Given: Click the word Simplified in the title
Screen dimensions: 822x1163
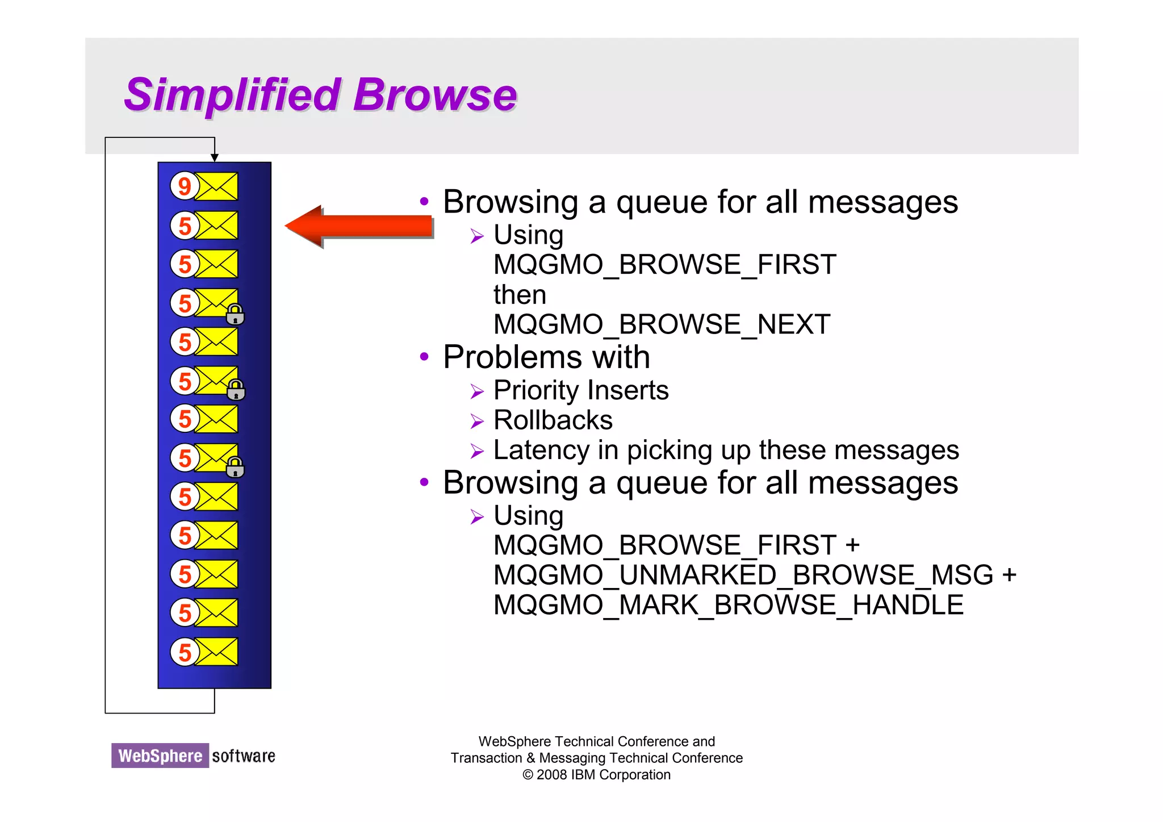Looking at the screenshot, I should (x=232, y=95).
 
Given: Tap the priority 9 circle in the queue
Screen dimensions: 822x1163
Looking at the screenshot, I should (x=184, y=186).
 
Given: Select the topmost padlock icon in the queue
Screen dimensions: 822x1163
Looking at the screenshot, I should (x=235, y=314).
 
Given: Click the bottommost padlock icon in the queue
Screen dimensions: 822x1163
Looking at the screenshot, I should (x=235, y=467).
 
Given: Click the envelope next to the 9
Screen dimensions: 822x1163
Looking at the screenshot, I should (x=216, y=186).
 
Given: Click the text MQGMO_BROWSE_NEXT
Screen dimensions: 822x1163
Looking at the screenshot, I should (x=662, y=324).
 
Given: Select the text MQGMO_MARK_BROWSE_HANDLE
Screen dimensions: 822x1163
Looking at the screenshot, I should (x=728, y=604).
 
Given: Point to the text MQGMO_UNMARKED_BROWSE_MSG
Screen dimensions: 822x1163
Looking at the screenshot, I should (x=743, y=575).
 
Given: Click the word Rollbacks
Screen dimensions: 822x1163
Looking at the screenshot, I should (x=553, y=420).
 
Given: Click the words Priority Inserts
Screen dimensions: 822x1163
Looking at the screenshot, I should (x=580, y=390).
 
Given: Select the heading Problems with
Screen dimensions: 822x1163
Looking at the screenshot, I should (x=546, y=357).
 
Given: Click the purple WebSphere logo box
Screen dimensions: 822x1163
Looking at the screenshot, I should (x=160, y=756).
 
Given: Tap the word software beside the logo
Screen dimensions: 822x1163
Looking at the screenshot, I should (x=243, y=756).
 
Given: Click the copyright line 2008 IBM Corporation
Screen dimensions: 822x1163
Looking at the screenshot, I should (x=597, y=775).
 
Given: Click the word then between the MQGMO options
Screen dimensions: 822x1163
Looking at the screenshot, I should (x=520, y=295).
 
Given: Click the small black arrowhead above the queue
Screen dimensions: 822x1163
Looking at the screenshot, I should (x=215, y=157).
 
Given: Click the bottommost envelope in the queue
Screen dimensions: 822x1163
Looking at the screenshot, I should (x=216, y=652).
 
